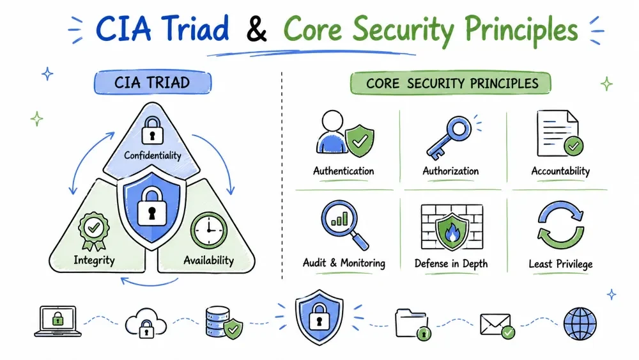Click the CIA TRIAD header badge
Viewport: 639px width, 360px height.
pos(153,82)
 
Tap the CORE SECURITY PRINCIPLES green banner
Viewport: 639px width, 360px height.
pos(450,83)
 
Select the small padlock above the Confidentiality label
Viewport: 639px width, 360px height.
pos(153,130)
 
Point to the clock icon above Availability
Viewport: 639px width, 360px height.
pos(209,230)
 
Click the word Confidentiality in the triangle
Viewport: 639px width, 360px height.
pos(153,155)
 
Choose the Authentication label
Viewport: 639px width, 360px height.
pos(344,171)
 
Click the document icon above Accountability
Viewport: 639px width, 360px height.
pos(560,133)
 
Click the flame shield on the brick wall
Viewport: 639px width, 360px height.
pos(452,231)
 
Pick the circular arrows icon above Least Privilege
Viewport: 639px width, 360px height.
pos(561,224)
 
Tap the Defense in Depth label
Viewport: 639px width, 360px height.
pos(451,264)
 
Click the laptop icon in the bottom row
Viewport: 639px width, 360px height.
pos(58,321)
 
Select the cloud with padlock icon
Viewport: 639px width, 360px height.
pos(146,324)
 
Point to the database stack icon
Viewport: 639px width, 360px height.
pos(224,323)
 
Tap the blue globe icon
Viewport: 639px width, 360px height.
pos(580,324)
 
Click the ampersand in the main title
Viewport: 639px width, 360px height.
pos(256,29)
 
